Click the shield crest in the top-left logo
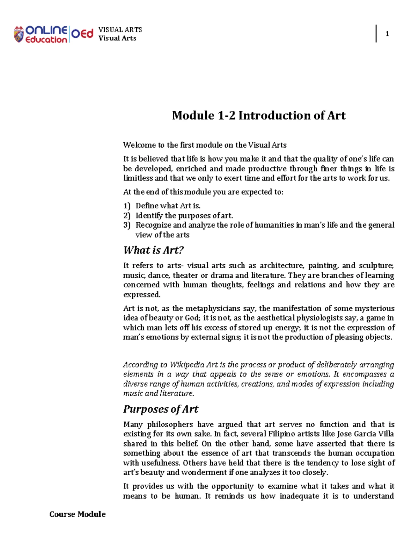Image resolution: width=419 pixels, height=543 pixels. click(x=19, y=35)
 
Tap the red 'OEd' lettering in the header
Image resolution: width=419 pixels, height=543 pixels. click(x=82, y=34)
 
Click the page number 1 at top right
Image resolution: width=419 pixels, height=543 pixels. click(x=387, y=34)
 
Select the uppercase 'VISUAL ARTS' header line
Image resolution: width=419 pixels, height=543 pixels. click(x=120, y=30)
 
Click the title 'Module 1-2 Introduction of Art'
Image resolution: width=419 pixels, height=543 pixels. click(x=258, y=115)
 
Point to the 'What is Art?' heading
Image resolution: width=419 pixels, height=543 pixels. click(x=153, y=250)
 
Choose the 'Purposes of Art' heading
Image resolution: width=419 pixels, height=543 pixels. click(x=161, y=409)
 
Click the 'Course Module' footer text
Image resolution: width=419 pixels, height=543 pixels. click(x=77, y=514)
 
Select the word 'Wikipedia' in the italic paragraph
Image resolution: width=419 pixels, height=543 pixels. click(x=187, y=365)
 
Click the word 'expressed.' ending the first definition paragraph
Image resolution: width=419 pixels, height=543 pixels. click(x=142, y=295)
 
